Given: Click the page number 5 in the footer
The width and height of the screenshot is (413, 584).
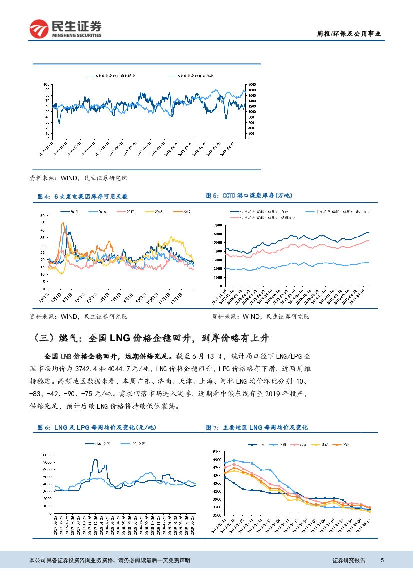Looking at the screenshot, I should click(382, 560).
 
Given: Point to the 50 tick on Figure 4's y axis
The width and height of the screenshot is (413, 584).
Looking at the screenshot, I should click(43, 216).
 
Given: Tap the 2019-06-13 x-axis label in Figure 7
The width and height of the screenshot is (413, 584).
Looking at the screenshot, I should click(363, 526).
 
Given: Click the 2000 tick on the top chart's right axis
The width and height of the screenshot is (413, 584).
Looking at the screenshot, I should click(252, 84).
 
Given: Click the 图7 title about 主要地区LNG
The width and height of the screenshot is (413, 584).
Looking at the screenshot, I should click(257, 427).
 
